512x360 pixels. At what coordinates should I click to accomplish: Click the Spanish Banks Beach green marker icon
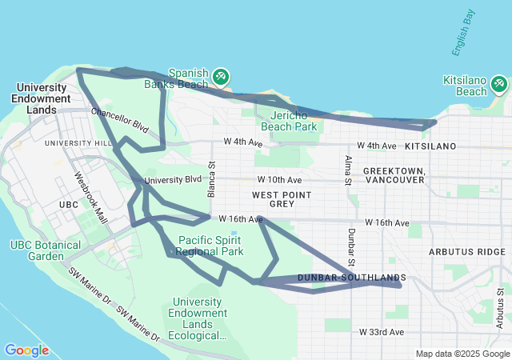220,77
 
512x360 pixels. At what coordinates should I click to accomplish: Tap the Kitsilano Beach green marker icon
500,83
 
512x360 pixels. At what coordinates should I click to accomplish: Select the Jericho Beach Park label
289,120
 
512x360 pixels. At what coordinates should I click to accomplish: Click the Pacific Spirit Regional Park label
210,246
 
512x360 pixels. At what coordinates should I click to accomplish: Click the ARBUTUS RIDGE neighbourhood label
466,251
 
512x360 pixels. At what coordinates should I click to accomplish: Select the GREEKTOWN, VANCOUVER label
393,176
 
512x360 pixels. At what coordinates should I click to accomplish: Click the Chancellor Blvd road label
120,120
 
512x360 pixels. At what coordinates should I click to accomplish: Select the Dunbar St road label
351,244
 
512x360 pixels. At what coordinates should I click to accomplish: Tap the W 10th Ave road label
279,180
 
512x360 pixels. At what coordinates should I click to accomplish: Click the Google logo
26,350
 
